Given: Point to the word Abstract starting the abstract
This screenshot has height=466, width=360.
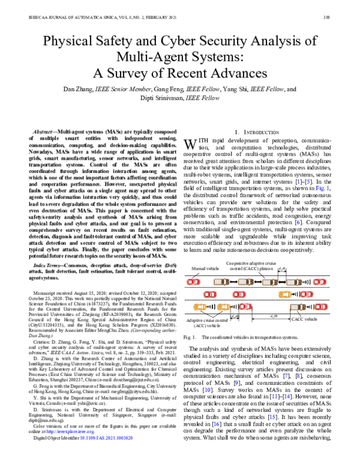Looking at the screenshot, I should (x=44, y=131).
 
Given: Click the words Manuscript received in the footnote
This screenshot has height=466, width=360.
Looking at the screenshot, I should (x=54, y=290).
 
